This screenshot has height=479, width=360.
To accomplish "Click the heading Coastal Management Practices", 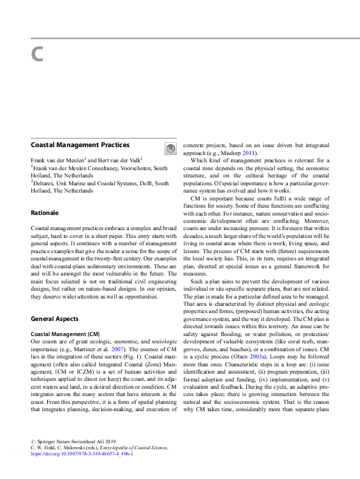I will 80,145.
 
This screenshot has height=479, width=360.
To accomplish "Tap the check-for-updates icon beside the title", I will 170,148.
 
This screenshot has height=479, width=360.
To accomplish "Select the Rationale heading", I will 45,213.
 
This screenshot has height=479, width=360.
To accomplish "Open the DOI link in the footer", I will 81,469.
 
